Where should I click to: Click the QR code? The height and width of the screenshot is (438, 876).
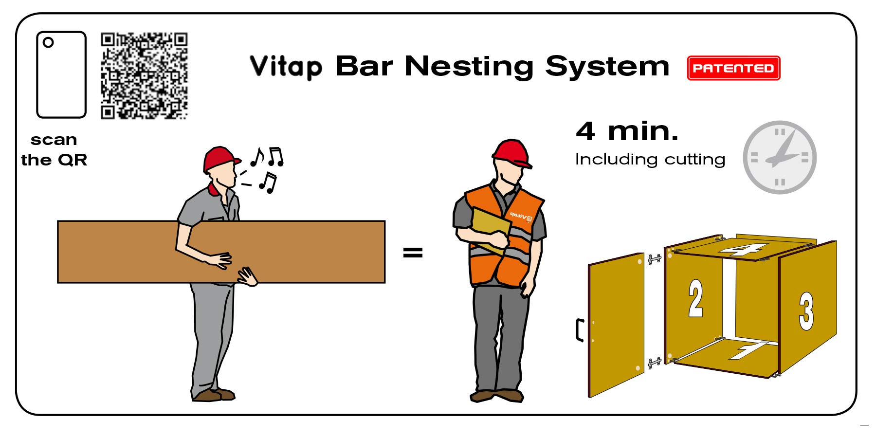(x=144, y=75)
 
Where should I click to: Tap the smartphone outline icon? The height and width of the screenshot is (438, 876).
(x=61, y=74)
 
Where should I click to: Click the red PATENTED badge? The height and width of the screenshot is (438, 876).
(x=733, y=68)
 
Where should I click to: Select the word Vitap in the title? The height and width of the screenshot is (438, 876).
(x=286, y=67)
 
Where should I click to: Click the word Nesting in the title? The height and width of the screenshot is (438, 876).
(x=469, y=67)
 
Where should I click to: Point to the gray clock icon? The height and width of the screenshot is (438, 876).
(x=779, y=157)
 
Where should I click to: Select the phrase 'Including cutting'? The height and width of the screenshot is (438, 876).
(x=650, y=160)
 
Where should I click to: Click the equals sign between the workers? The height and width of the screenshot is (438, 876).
(x=413, y=252)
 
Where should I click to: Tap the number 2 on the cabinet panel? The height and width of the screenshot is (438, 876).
(x=695, y=298)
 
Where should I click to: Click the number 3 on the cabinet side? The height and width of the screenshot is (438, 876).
(x=806, y=311)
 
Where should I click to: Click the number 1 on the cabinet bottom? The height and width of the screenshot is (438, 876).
(x=747, y=349)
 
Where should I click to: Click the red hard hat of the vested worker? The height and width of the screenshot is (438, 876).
(x=511, y=152)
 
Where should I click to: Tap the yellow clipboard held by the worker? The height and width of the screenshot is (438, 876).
(x=490, y=227)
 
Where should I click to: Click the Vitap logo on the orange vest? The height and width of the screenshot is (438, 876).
(x=521, y=216)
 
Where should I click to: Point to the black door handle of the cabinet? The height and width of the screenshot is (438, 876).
(x=579, y=330)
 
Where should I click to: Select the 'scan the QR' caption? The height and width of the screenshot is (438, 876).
(x=54, y=150)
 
